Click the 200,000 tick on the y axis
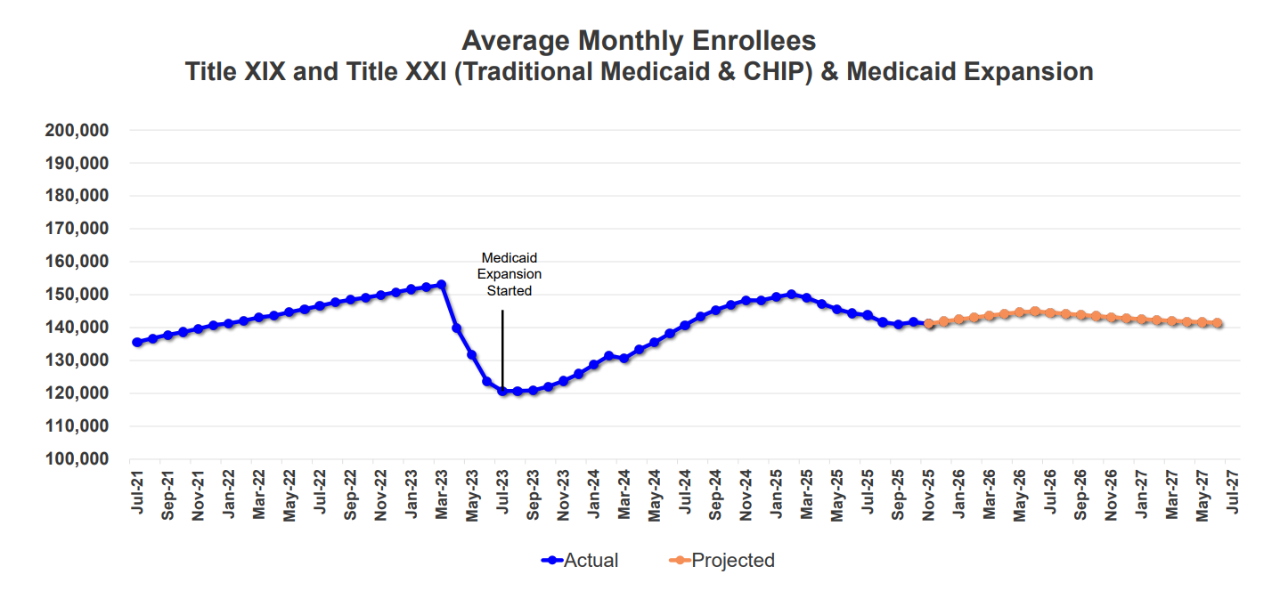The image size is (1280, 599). (76, 130)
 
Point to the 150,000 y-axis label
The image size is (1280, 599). (76, 295)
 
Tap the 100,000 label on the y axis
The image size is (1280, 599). (76, 459)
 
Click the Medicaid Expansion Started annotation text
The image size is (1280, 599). (510, 274)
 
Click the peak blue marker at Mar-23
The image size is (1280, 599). (441, 285)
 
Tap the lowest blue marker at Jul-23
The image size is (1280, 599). (502, 391)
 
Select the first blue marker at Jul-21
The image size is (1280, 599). (137, 342)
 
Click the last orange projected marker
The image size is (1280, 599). (1217, 323)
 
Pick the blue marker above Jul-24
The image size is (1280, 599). (685, 325)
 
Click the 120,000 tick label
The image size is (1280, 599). (76, 393)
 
